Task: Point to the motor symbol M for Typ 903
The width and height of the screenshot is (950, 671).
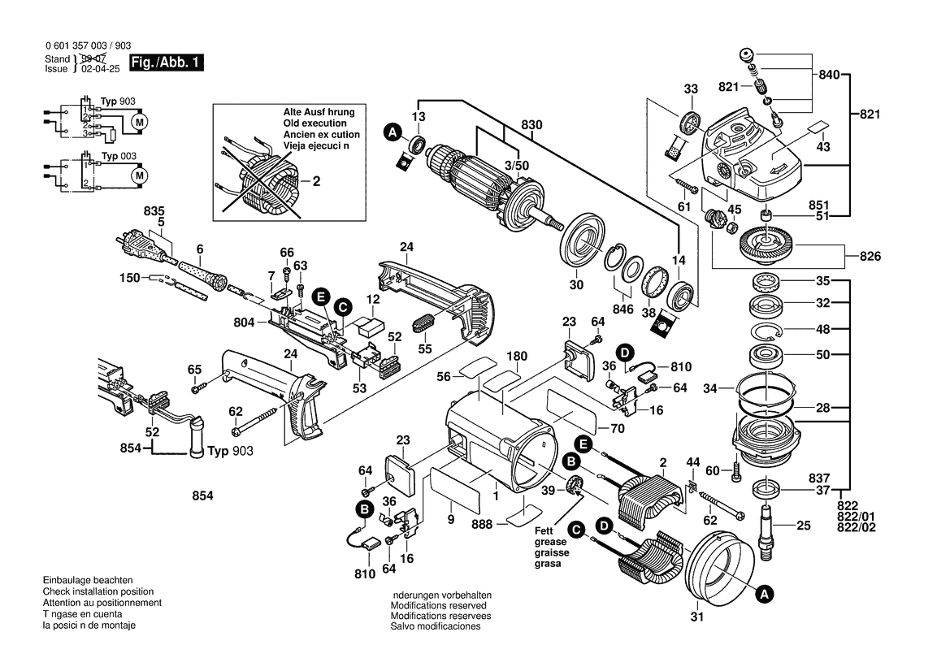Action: click(x=139, y=122)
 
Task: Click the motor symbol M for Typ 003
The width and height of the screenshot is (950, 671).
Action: click(x=139, y=174)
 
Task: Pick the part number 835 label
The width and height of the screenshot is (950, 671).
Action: click(x=154, y=210)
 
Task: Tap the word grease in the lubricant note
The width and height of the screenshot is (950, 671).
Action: click(x=551, y=542)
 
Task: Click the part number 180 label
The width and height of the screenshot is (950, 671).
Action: click(x=518, y=355)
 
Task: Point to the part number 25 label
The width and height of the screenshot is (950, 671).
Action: click(x=803, y=526)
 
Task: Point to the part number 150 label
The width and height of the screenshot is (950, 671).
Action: click(x=129, y=279)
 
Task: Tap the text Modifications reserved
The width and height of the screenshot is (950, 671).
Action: click(x=438, y=606)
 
